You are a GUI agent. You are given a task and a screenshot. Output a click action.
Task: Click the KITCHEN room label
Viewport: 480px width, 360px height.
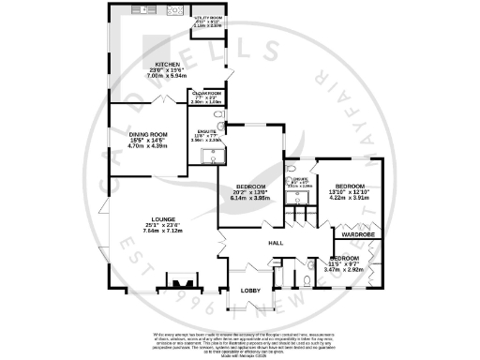(154, 65)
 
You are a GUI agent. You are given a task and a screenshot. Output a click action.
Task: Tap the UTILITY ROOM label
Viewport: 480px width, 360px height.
(207, 18)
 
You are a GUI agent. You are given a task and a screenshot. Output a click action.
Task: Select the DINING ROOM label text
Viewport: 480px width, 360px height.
(145, 134)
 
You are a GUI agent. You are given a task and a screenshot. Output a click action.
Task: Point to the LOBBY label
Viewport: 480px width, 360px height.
(251, 291)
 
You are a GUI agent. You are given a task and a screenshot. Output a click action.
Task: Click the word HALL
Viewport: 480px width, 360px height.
(277, 244)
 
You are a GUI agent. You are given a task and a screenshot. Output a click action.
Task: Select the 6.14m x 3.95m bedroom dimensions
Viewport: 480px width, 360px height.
(250, 198)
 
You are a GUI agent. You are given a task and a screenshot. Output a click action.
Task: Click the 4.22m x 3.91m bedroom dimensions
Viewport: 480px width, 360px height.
(348, 198)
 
